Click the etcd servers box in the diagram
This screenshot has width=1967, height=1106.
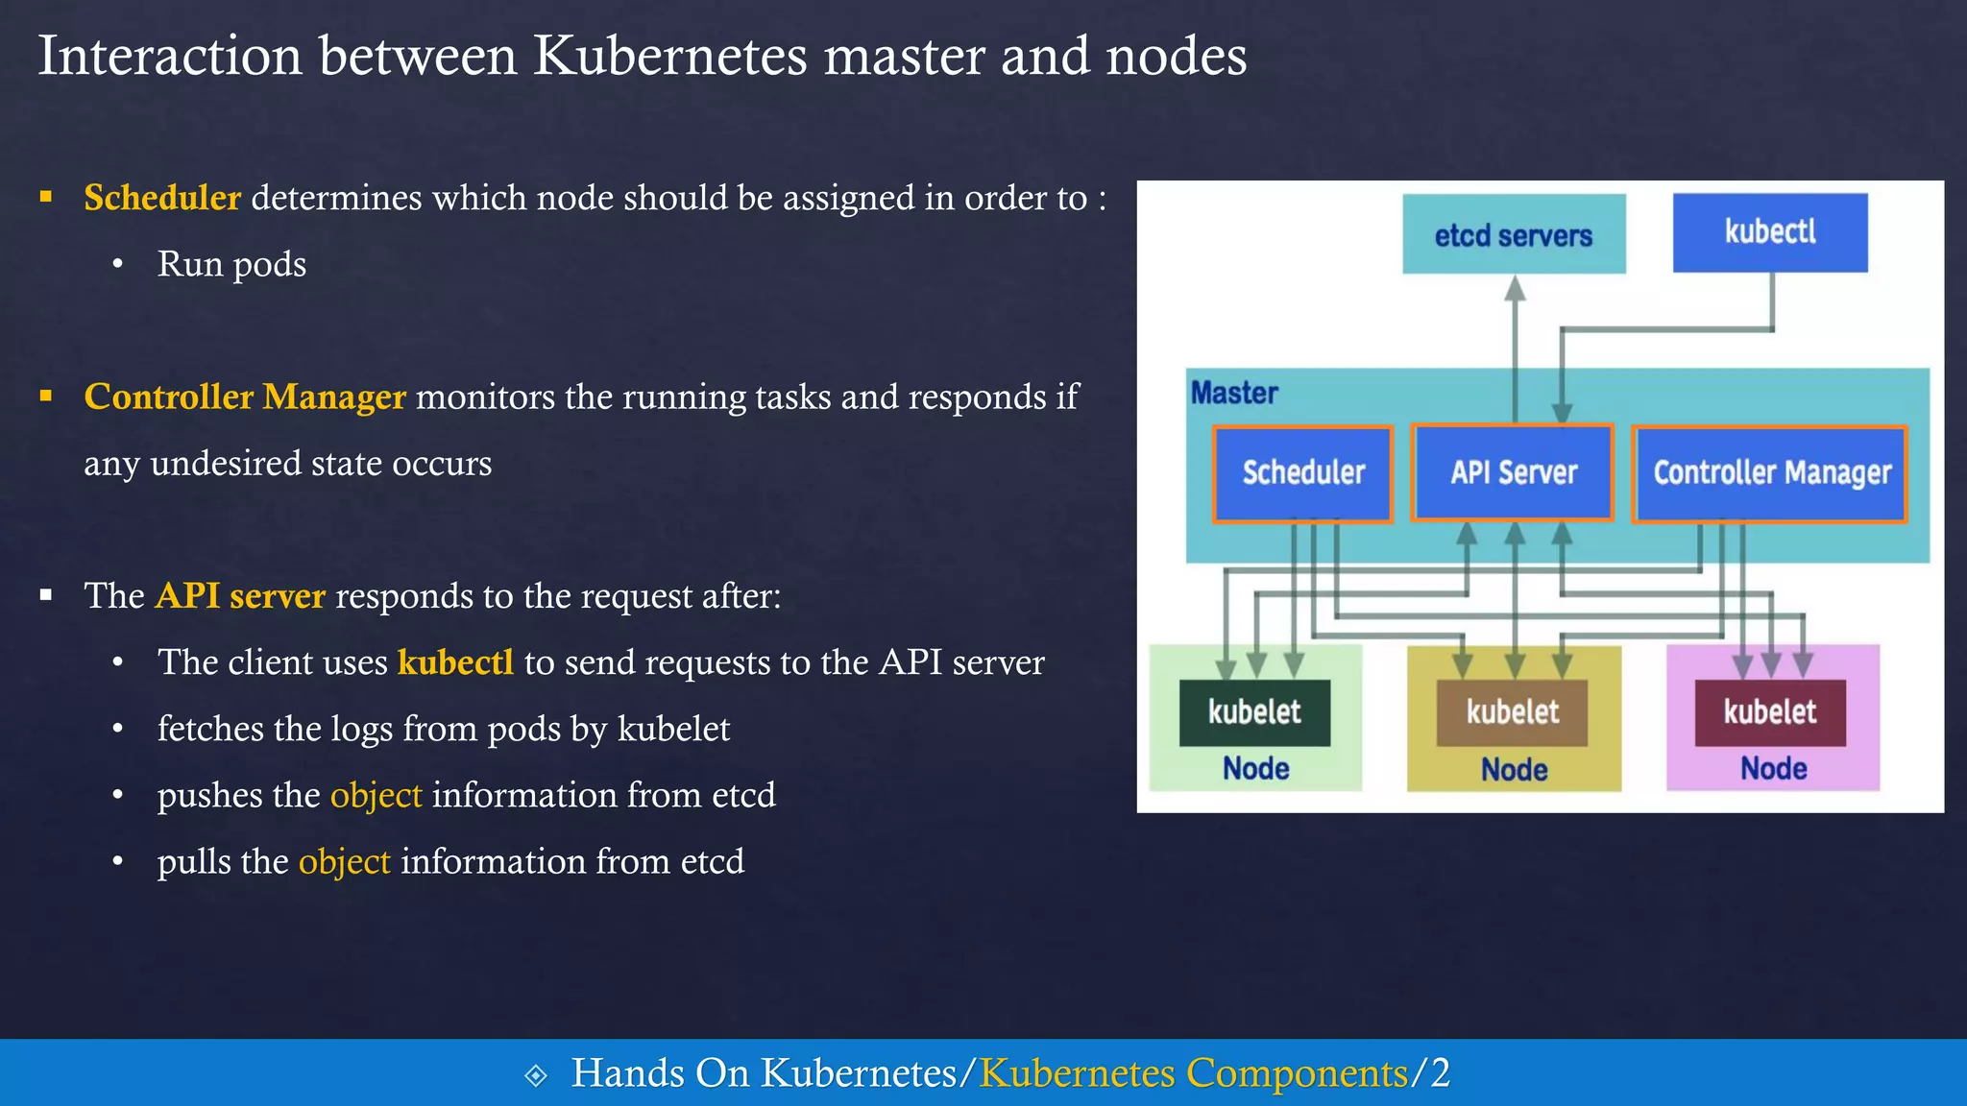pos(1514,234)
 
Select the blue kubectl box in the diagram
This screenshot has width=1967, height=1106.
pos(1770,232)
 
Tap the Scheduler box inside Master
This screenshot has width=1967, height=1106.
pos(1302,473)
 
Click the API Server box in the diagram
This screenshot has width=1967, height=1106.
pos(1513,473)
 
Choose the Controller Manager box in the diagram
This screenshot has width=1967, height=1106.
pos(1770,473)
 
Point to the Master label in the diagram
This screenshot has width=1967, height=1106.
pos(1234,393)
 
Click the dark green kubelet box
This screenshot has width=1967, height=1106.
pos(1254,712)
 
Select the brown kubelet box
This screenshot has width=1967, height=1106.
pos(1512,712)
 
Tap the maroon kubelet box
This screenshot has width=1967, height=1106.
pos(1770,712)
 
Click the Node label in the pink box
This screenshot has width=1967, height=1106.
pos(1773,768)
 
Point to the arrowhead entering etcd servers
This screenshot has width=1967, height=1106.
pos(1515,288)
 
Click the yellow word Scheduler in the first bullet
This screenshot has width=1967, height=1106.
pos(162,198)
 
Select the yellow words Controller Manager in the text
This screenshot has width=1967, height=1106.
pos(245,397)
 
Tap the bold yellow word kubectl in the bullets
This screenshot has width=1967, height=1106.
pos(455,662)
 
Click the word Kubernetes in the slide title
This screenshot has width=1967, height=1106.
pos(669,56)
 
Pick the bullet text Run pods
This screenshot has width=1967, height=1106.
pos(231,264)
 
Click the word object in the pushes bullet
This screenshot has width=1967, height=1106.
pos(376,795)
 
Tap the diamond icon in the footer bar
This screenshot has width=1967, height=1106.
pos(536,1075)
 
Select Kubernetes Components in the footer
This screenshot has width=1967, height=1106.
pos(1193,1073)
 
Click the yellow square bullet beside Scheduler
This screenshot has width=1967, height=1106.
pos(45,197)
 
